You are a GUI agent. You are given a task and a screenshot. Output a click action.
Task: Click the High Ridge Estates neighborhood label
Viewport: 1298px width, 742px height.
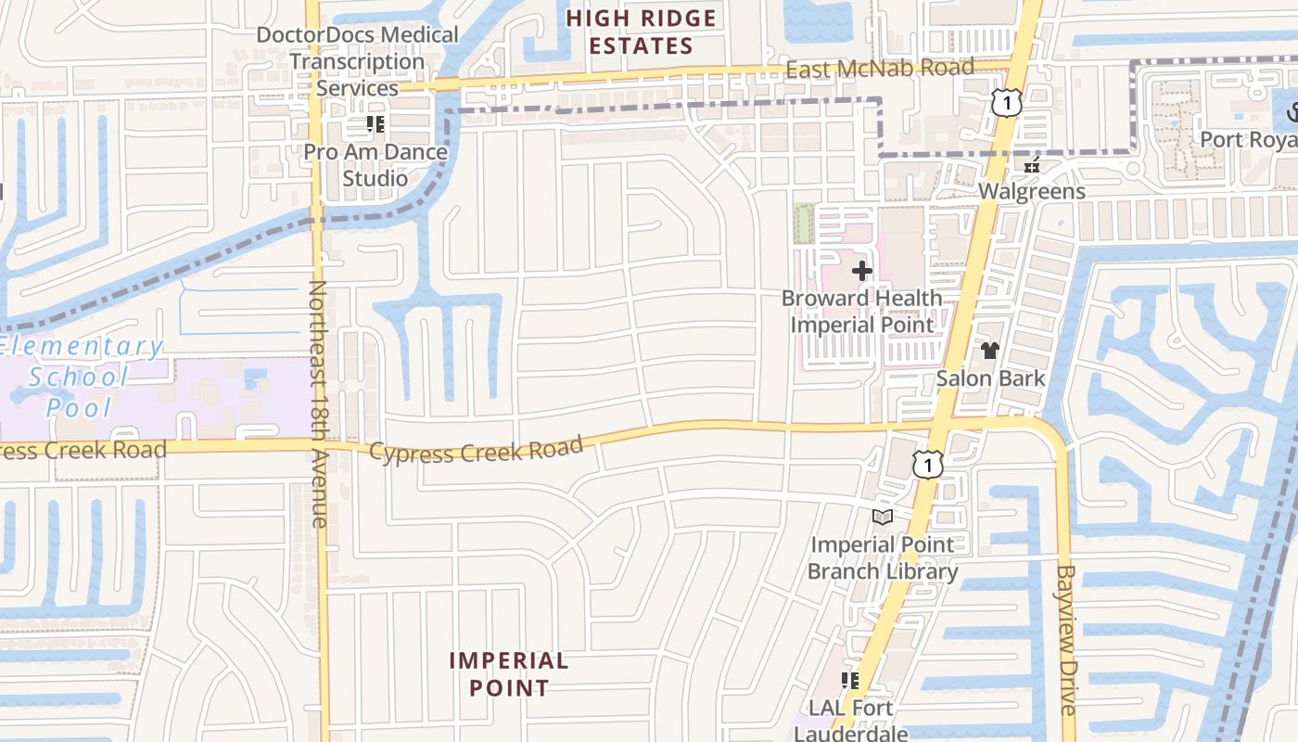coord(642,32)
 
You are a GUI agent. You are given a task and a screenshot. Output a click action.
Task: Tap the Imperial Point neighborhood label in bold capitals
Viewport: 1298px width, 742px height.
coord(509,674)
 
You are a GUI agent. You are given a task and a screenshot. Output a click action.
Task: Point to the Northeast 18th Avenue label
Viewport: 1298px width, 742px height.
coord(318,403)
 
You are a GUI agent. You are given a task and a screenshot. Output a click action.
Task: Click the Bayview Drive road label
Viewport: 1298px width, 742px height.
coord(1066,640)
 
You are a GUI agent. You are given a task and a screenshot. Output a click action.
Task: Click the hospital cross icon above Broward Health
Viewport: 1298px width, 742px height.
coord(862,271)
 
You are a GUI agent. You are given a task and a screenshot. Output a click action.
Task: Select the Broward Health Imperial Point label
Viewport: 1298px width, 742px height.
coord(862,312)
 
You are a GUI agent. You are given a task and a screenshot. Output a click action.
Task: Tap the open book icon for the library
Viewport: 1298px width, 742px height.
coord(883,517)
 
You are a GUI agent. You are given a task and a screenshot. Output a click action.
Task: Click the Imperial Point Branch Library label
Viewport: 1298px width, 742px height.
coord(883,557)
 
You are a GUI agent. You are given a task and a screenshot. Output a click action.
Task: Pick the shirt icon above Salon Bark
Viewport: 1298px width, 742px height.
coord(990,351)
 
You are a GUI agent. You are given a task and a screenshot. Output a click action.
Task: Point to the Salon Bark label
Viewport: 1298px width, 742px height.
coord(990,378)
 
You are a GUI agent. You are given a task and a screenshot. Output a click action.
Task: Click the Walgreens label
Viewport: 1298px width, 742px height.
coord(1032,192)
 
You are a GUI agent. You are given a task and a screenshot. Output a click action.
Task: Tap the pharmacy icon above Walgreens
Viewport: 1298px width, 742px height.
coord(1032,166)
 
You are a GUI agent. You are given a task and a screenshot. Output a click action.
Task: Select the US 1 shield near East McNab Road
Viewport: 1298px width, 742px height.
coord(1006,102)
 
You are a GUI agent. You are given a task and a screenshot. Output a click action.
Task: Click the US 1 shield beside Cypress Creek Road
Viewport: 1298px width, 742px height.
coord(927,465)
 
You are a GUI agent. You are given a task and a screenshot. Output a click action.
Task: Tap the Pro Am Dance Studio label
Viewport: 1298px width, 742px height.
coord(375,165)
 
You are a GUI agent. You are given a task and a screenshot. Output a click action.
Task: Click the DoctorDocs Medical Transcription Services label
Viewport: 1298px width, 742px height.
coord(357,61)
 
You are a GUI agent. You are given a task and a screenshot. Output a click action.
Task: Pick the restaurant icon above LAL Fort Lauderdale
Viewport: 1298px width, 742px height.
coord(850,681)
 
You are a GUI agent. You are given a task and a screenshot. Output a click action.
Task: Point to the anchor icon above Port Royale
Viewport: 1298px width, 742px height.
coord(1289,113)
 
